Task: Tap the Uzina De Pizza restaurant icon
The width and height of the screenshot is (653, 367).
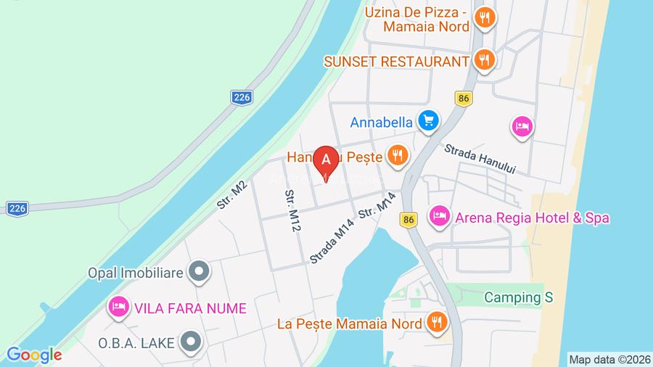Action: [x=485, y=17]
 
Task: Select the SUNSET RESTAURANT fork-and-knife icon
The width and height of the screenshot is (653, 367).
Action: [x=485, y=60]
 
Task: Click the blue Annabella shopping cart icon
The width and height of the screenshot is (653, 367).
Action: [x=429, y=121]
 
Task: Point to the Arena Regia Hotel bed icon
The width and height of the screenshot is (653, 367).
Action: [x=439, y=216]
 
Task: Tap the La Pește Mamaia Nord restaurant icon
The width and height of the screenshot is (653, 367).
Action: [x=436, y=322]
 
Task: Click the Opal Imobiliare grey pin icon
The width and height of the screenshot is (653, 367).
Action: [x=197, y=272]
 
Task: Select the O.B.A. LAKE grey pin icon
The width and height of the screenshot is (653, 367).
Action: [x=191, y=340]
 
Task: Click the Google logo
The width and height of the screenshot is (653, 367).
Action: [x=34, y=355]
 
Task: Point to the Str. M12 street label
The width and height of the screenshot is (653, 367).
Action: [x=292, y=211]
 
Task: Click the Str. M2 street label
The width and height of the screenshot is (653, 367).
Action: [x=232, y=194]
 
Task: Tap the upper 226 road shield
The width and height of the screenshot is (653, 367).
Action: [x=242, y=96]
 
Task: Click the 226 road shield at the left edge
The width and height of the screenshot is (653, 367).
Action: [x=16, y=208]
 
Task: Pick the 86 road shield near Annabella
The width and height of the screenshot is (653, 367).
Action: [x=464, y=97]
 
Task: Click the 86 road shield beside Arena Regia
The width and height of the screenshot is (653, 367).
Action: [x=409, y=219]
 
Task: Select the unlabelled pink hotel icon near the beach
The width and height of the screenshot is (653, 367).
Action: [x=522, y=127]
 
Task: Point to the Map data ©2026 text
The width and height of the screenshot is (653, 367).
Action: [x=609, y=359]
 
